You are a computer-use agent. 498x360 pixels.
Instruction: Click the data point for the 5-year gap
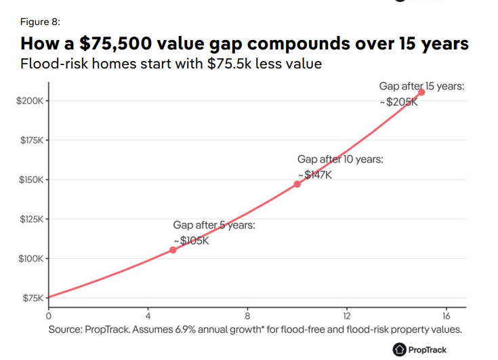point(173,250)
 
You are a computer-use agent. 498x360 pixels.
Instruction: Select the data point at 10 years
point(297,184)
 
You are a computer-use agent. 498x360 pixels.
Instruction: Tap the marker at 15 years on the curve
point(421,92)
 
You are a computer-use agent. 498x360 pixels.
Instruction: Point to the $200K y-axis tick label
point(29,101)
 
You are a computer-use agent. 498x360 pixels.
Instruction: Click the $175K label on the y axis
point(29,140)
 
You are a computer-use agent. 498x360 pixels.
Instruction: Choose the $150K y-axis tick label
point(29,180)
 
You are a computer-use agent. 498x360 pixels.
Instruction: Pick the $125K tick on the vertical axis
point(29,219)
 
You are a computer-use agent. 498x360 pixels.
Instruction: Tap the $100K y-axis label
point(29,258)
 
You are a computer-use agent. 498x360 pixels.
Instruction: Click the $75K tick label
point(31,298)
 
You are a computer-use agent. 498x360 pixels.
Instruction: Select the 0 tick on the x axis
point(48,316)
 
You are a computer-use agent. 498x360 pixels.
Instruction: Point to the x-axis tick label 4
point(148,316)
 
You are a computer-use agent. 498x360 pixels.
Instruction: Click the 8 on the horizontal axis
point(247,316)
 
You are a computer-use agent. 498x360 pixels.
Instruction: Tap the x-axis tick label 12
point(347,316)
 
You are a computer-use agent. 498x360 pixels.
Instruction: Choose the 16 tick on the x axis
point(446,316)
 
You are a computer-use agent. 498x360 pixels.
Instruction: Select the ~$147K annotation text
point(315,174)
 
